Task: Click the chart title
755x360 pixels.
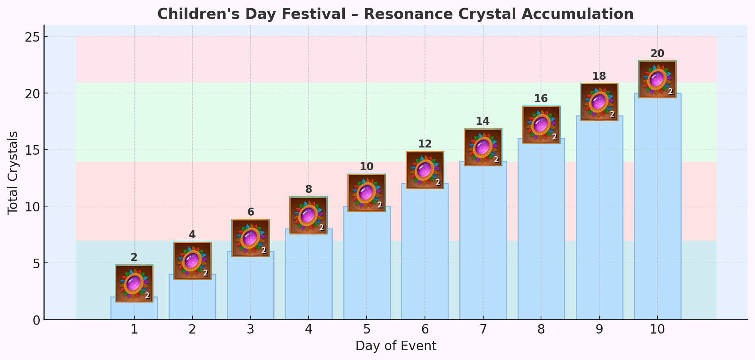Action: [395, 14]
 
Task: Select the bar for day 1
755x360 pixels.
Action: [134, 311]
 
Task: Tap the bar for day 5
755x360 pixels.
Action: [367, 265]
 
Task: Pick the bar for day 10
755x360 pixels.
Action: [657, 208]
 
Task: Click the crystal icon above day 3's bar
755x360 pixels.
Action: [251, 238]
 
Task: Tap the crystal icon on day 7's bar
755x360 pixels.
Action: [483, 147]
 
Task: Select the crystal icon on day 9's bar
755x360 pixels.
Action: [599, 102]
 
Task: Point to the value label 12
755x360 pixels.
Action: [425, 144]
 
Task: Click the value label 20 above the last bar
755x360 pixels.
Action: [657, 54]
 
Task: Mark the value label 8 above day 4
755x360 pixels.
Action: [309, 189]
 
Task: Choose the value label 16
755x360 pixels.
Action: [541, 99]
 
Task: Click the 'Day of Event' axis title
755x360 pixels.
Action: [395, 346]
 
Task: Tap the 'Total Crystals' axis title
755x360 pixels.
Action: [13, 173]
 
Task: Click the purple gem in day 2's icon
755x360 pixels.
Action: [191, 261]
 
